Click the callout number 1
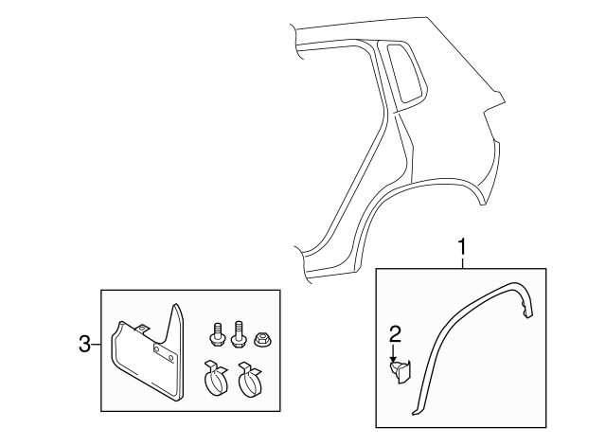(x=462, y=248)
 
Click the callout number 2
(x=395, y=332)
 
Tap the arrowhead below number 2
(x=395, y=357)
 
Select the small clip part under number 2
(x=399, y=370)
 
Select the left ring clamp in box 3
(x=217, y=380)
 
